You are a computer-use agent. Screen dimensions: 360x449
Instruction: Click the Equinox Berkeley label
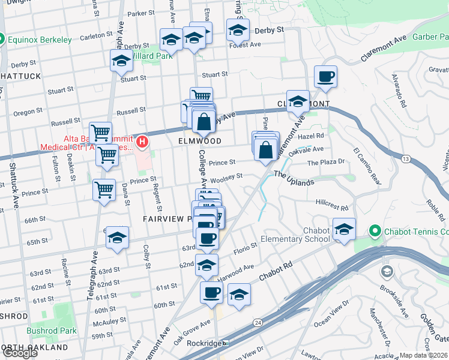click(x=41, y=40)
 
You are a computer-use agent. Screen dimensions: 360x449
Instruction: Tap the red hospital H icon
click(x=142, y=142)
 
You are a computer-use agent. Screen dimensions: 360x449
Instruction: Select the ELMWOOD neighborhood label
click(x=200, y=141)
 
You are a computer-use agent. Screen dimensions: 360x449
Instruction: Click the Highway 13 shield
click(x=406, y=158)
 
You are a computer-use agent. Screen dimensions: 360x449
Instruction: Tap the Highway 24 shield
click(x=258, y=323)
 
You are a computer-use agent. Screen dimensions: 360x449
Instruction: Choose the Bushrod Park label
click(x=51, y=331)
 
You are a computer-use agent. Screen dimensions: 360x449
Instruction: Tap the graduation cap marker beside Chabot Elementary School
click(x=344, y=229)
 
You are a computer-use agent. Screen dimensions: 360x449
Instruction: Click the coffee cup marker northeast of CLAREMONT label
click(x=325, y=77)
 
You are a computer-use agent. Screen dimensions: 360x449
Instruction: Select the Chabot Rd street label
click(x=276, y=271)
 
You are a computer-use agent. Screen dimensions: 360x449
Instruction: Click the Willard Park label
click(x=152, y=56)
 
